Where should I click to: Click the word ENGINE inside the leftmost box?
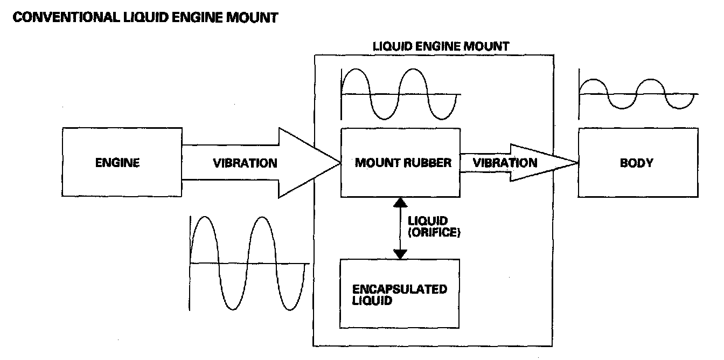click(117, 163)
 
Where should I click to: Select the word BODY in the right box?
click(636, 163)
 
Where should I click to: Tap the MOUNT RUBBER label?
click(403, 163)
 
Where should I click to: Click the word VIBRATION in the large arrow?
click(245, 163)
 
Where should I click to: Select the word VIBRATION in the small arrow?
click(505, 162)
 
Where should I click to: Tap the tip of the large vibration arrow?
click(337, 163)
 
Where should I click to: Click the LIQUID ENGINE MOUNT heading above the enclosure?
click(441, 46)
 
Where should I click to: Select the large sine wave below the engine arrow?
click(249, 263)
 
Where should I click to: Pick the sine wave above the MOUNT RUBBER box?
click(400, 94)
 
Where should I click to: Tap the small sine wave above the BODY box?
click(637, 94)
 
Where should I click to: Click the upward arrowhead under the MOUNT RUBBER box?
click(400, 204)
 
